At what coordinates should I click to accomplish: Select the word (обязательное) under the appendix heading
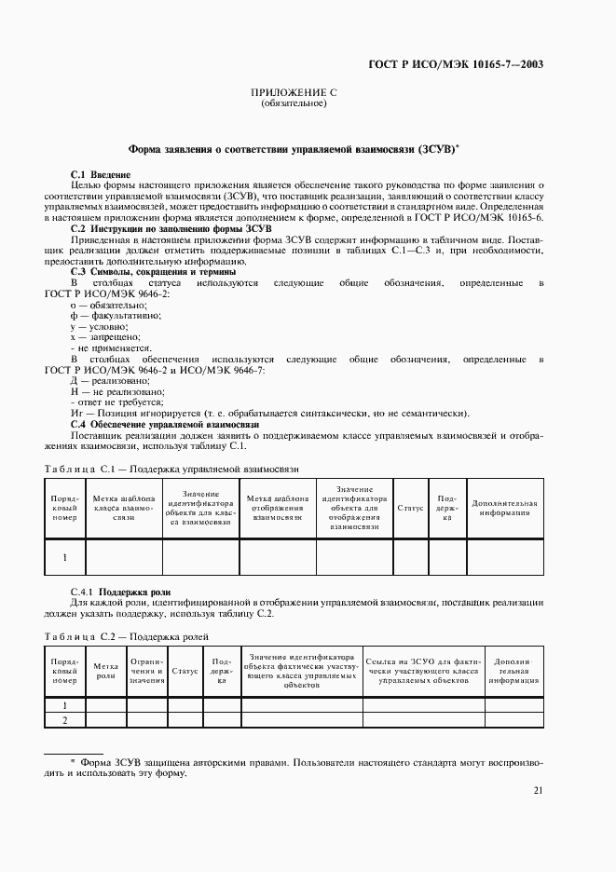(294, 103)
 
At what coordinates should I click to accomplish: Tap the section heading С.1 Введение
(101, 175)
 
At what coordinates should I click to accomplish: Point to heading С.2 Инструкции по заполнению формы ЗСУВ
(171, 228)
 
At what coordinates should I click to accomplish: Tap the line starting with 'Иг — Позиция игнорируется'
(270, 414)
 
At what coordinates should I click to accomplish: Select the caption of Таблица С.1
(171, 469)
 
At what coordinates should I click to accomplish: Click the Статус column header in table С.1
(410, 508)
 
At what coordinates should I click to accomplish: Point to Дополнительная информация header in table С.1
(504, 508)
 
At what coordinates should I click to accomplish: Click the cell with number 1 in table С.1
(64, 557)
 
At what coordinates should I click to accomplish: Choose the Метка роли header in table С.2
(105, 671)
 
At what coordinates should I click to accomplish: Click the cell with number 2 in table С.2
(64, 720)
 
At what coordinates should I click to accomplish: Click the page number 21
(538, 791)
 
